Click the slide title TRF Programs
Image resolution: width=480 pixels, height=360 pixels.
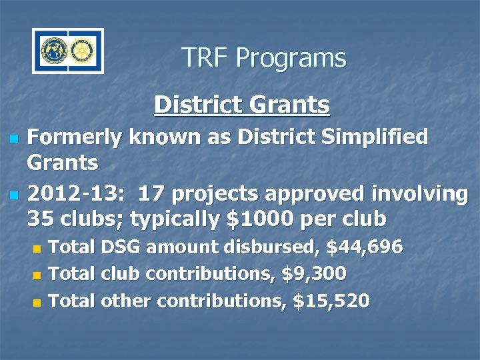263,58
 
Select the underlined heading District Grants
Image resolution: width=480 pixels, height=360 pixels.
241,105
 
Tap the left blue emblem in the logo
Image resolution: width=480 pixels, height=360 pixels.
55,51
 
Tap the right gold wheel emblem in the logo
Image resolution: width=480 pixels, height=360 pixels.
82,51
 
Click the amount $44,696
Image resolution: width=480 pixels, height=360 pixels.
365,248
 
